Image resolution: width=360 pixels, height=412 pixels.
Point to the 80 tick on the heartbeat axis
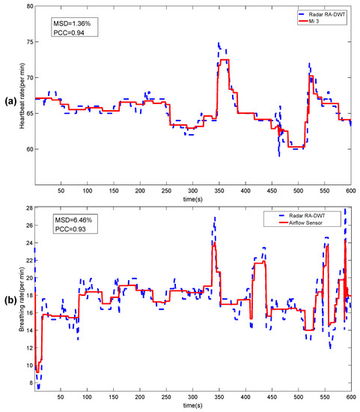(x=29, y=6)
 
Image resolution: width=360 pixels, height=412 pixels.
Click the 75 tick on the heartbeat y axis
(x=29, y=42)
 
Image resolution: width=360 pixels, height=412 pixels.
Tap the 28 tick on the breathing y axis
(x=29, y=208)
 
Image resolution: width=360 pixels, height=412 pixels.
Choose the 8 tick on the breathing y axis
(x=31, y=383)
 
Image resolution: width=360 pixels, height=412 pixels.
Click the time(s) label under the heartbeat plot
(x=194, y=200)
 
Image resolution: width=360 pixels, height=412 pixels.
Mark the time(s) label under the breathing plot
(x=194, y=405)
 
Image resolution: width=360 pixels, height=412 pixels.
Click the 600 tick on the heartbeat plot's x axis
(x=350, y=193)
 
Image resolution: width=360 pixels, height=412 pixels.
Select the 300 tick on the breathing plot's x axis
(x=192, y=398)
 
